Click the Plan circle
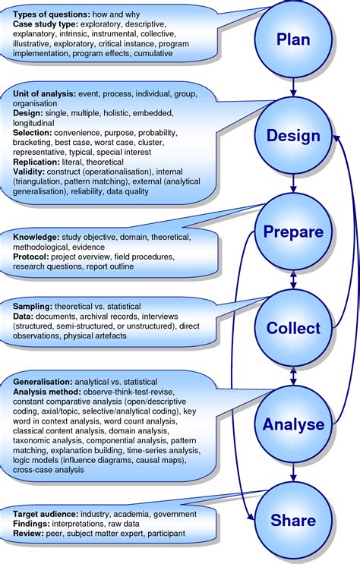(293, 39)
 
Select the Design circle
(293, 135)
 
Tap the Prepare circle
(293, 232)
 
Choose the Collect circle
(293, 328)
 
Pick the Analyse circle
(293, 424)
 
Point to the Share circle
(293, 520)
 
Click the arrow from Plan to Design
(293, 87)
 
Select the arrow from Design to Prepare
(293, 183)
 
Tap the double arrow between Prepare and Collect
(293, 279)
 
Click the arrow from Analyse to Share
(293, 472)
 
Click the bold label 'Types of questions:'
(52, 14)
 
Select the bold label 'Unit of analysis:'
(45, 94)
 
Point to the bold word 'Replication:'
(36, 162)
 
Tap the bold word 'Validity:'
(29, 172)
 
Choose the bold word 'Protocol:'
(31, 257)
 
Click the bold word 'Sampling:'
(33, 307)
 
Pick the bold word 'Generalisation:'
(43, 382)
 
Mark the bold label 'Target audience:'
(46, 514)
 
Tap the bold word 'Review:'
(28, 534)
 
